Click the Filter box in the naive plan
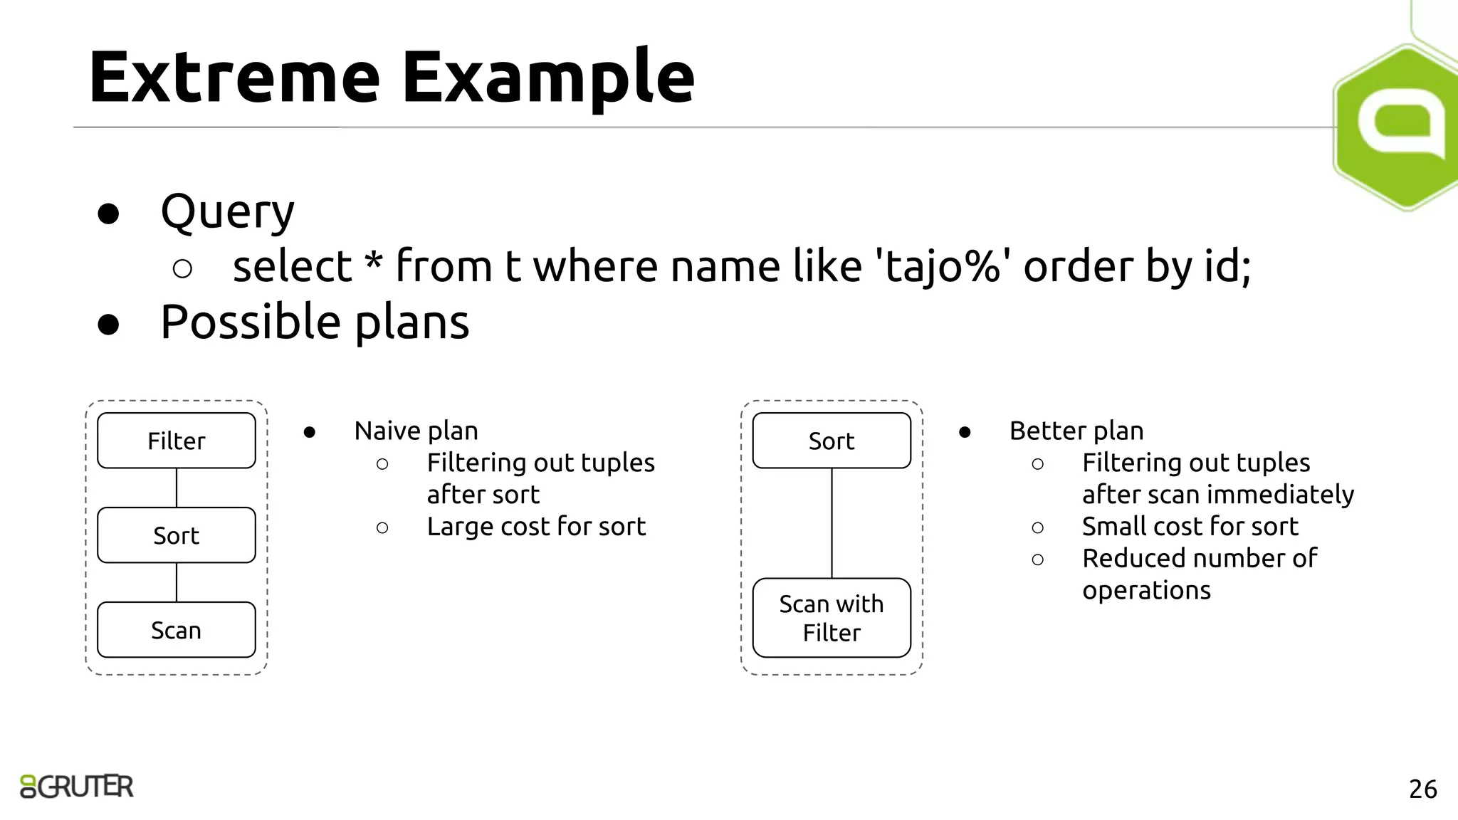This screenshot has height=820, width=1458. point(176,441)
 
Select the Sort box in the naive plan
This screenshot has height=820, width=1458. point(176,535)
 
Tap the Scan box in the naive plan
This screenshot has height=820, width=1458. point(176,630)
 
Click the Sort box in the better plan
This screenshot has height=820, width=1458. point(831,441)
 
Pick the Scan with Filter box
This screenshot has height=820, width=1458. point(831,618)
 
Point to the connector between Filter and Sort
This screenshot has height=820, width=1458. point(177,488)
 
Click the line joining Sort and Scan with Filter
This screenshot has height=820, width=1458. point(832,523)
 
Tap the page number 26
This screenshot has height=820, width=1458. point(1422,789)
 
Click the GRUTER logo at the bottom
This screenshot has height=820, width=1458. point(77,787)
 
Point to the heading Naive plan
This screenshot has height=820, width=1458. point(416,431)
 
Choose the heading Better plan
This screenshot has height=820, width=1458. point(1076,431)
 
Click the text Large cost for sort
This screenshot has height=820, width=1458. point(536,527)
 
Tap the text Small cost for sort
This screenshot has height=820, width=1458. point(1190,527)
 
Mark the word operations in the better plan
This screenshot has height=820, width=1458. point(1146,591)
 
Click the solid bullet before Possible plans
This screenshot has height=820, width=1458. point(108,324)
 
